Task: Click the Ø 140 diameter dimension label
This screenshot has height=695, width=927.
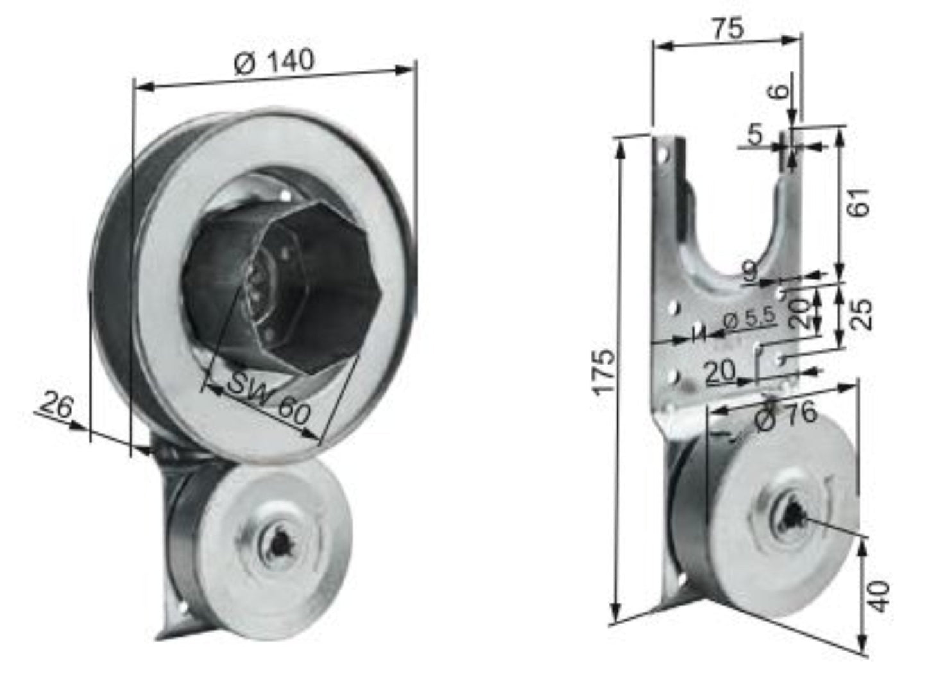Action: point(274,62)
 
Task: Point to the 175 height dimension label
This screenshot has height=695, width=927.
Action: point(605,373)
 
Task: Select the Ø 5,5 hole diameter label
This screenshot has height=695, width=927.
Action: point(749,317)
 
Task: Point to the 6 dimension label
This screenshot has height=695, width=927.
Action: point(779,90)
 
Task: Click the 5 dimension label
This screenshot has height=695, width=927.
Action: point(755,135)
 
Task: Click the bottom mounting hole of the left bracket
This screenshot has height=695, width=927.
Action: point(182,605)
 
